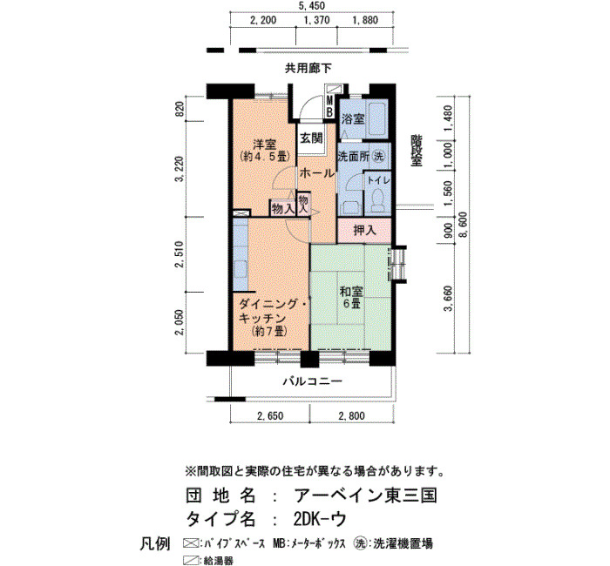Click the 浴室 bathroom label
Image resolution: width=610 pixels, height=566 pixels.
[x=353, y=119]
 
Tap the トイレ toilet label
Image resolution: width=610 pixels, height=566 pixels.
[x=378, y=180]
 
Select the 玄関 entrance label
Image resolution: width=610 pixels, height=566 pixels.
[x=311, y=138]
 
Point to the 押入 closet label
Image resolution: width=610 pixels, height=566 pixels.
[x=364, y=230]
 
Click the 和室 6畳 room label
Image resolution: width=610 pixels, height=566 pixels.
[x=351, y=297]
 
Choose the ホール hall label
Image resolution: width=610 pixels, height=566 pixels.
[x=317, y=173]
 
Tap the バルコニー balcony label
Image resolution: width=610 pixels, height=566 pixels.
[x=312, y=381]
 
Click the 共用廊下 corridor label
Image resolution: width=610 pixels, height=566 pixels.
[x=308, y=69]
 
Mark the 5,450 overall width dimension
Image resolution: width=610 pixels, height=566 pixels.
[x=311, y=6]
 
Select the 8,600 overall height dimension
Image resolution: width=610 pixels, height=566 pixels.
[x=464, y=225]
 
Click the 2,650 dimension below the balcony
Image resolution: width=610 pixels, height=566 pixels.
[x=270, y=416]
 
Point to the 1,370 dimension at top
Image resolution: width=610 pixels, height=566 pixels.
[x=316, y=20]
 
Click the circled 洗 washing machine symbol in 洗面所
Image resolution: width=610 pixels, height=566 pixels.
[x=379, y=156]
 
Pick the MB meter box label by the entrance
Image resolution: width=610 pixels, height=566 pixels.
[x=329, y=106]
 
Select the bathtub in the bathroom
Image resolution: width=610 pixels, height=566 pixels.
[x=376, y=119]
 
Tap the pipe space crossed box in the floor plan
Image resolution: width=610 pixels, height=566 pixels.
[x=241, y=213]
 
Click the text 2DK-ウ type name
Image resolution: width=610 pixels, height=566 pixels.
[x=320, y=519]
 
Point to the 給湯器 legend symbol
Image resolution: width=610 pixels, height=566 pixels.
[x=191, y=560]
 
